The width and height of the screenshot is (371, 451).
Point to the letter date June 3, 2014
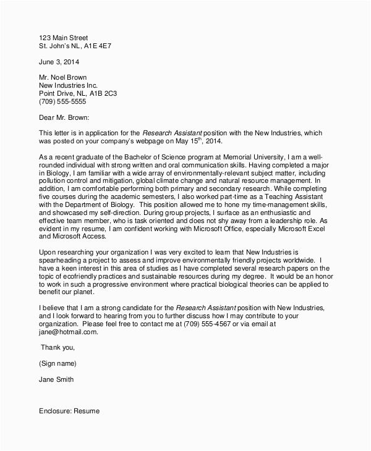tap(59, 62)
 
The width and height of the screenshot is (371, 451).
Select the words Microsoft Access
tap(68, 237)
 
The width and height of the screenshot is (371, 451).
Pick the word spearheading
tap(64, 261)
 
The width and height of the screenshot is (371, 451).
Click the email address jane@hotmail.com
tap(68, 332)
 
